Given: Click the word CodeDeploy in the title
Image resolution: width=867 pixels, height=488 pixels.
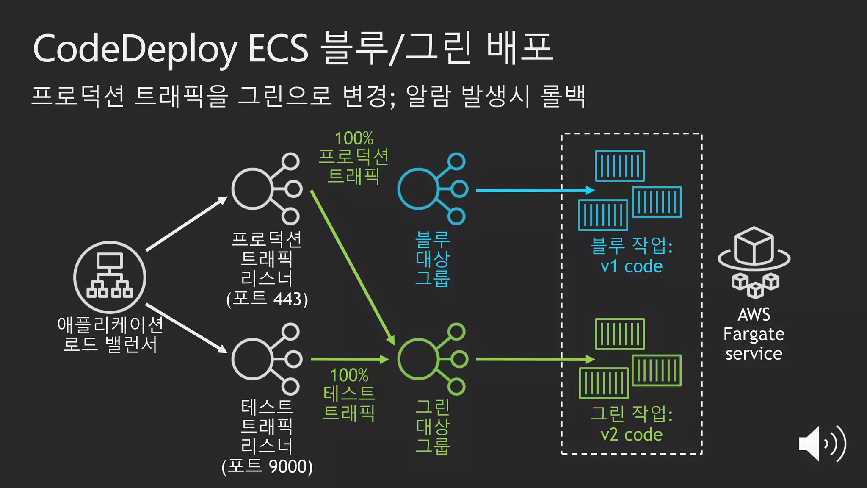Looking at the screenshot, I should tap(135, 49).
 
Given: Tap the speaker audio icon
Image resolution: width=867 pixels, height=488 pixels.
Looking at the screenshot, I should tap(822, 444).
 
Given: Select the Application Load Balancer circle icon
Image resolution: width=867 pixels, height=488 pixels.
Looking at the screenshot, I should tap(110, 277).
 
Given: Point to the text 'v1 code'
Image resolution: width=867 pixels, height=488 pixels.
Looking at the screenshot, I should tap(631, 266).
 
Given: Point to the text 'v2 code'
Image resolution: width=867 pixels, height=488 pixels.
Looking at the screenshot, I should tap(631, 435).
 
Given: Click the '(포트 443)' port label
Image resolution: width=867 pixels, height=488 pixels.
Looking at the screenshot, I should tap(267, 299).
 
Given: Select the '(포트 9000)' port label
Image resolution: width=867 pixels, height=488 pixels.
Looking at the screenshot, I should tap(267, 466).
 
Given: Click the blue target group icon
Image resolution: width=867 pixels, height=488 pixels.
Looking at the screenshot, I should tap(432, 189).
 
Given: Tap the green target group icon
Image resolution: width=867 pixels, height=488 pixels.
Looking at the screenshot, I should tap(432, 359).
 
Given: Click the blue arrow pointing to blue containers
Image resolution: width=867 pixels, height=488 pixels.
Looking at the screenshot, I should tap(535, 190).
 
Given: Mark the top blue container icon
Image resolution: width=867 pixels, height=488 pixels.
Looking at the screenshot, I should tap(620, 166).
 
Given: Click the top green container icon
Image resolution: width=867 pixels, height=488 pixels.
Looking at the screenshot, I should tap(620, 334).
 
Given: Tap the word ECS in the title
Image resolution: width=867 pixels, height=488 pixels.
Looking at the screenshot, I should tap(278, 49).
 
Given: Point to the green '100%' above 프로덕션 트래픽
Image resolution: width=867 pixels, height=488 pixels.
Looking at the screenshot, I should tap(354, 139).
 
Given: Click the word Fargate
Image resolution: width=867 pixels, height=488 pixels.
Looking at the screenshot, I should tap(754, 334).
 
